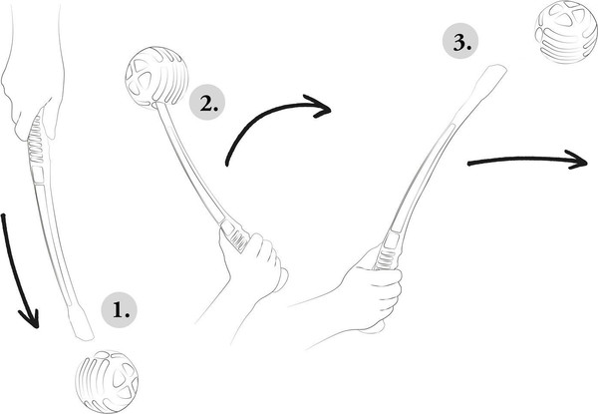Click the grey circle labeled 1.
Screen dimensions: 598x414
[x=119, y=310]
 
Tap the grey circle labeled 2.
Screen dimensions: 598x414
[x=207, y=103]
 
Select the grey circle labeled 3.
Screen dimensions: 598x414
[x=460, y=42]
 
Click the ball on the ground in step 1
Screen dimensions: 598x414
[x=107, y=381]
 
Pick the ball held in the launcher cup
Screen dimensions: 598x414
[x=156, y=78]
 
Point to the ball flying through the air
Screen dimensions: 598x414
[x=566, y=32]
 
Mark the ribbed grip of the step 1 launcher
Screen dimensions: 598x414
[x=36, y=141]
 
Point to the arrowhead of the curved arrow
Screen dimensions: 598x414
[x=319, y=106]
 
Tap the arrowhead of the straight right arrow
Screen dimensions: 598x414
[x=577, y=160]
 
